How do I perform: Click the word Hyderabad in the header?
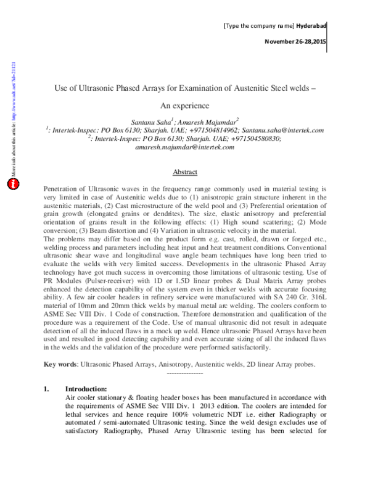(311, 25)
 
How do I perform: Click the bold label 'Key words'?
(59, 364)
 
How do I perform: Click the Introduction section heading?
(86, 389)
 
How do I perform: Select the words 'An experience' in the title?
(184, 106)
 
